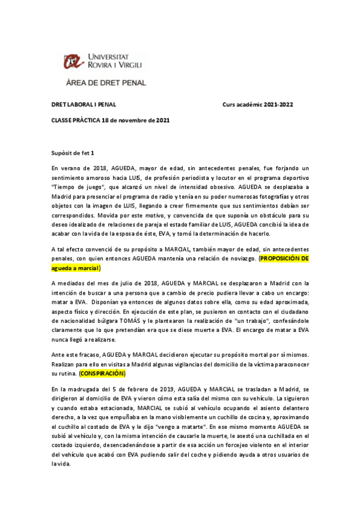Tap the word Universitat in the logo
coord(112,56)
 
